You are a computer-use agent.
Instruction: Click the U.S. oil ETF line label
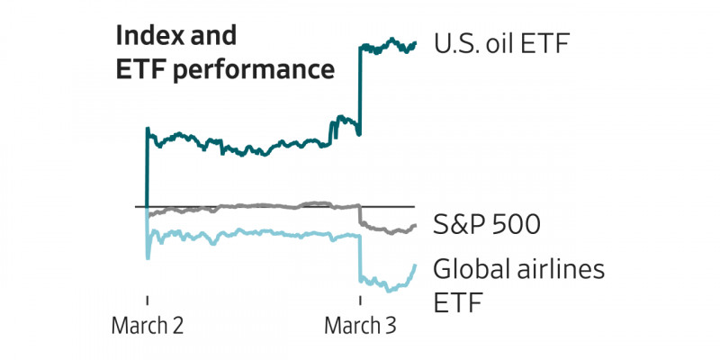[500, 43]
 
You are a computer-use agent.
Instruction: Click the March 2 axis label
[148, 326]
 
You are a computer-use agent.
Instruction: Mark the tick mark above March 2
[147, 300]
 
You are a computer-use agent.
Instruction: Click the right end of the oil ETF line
[415, 42]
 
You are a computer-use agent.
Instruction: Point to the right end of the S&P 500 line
[415, 225]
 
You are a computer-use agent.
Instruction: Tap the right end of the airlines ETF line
[415, 265]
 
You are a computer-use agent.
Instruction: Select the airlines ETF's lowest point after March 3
[389, 291]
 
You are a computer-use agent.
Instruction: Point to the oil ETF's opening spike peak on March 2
[147, 128]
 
